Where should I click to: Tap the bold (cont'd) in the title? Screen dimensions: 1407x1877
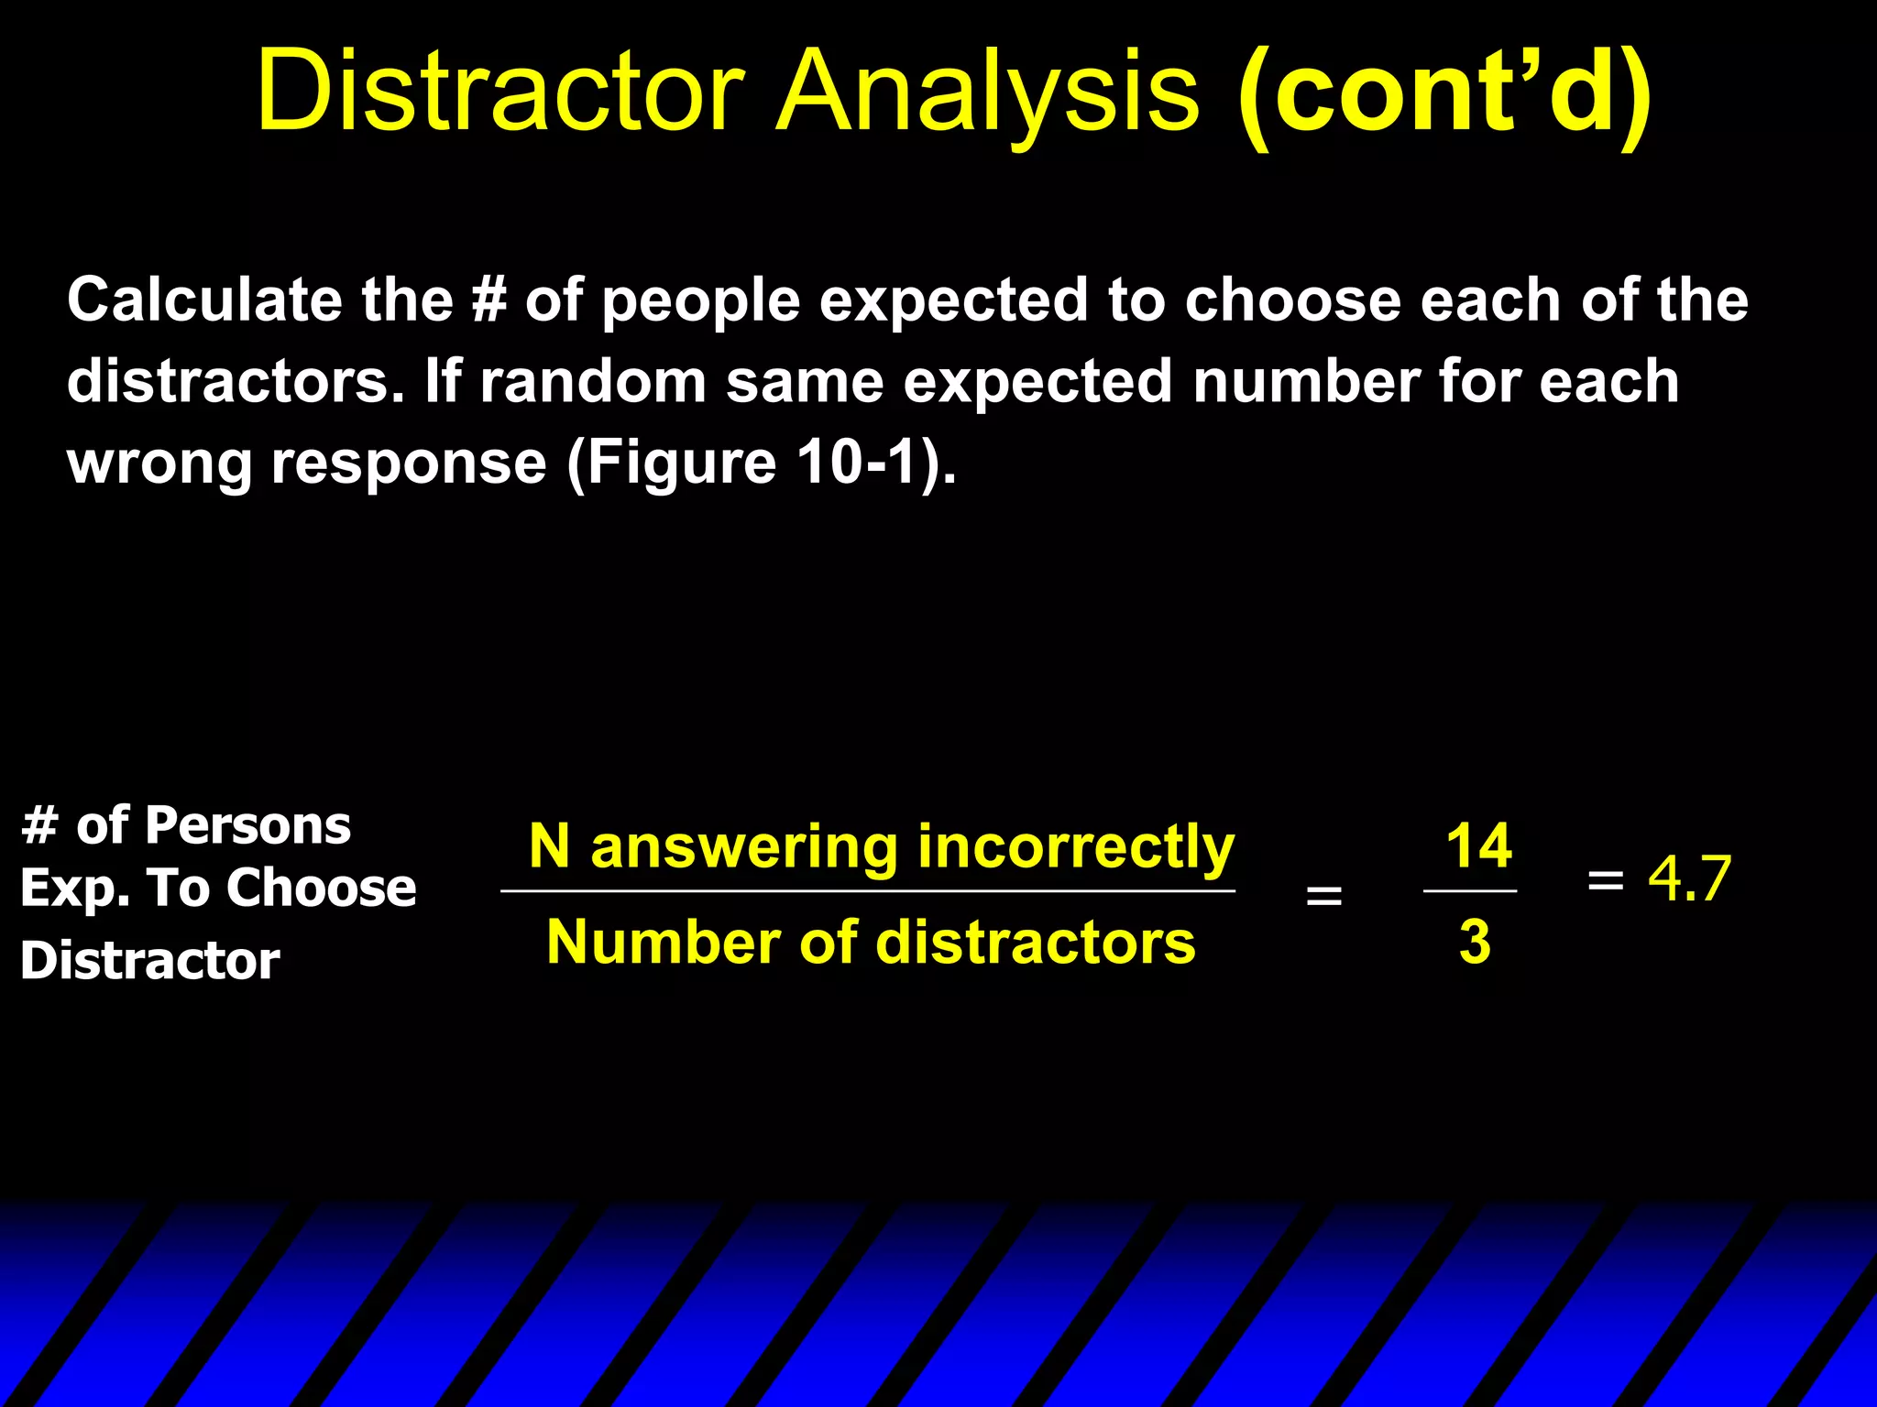[x=1444, y=92]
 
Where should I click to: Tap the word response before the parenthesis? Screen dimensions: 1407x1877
[x=409, y=463]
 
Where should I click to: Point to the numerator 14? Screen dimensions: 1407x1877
[x=1478, y=845]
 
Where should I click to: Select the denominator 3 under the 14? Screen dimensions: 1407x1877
[x=1475, y=942]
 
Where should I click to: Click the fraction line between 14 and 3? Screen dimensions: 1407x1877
[x=1470, y=890]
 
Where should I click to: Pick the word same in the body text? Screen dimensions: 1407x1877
[x=804, y=381]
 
